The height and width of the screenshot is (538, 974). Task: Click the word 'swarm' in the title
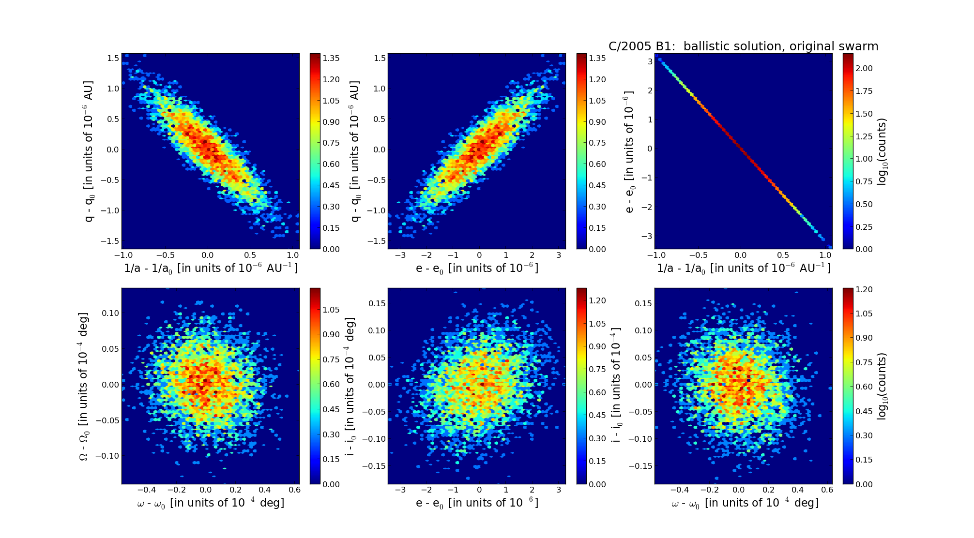point(856,46)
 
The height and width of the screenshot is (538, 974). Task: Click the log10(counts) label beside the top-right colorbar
point(883,151)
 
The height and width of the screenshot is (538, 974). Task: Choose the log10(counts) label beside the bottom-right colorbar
point(883,386)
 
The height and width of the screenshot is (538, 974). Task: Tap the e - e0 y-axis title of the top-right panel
point(629,151)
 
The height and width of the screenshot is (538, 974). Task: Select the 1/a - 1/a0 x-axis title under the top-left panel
point(211,268)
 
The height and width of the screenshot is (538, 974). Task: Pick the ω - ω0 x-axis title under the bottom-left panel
point(211,503)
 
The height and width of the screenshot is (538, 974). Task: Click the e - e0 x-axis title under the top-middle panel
point(477,268)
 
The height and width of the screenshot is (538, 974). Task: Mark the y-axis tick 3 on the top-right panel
point(650,61)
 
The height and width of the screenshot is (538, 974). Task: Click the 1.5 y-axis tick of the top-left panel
point(113,58)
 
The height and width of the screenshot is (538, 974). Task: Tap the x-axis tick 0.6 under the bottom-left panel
point(294,490)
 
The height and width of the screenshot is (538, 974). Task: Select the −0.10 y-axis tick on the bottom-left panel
point(107,456)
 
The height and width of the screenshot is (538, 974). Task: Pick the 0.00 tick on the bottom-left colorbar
point(331,484)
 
